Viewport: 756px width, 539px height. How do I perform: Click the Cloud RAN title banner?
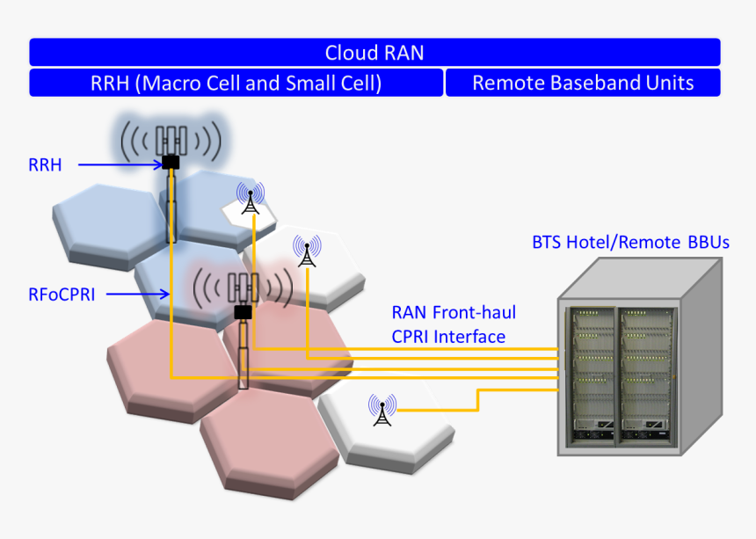coord(374,53)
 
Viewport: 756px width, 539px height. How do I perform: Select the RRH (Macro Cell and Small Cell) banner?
coord(236,84)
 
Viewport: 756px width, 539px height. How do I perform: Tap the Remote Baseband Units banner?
coord(583,84)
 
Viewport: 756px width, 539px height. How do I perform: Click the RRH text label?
coord(45,164)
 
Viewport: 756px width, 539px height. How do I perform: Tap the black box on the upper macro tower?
coord(171,162)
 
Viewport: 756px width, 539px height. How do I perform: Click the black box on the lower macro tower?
coord(243,311)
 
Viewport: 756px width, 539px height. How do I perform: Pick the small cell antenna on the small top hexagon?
coord(251,200)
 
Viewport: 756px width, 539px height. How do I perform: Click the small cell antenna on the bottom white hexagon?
coord(382,410)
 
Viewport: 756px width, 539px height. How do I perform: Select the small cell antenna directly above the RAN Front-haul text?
coord(307,251)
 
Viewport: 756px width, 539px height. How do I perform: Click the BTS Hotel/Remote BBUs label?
coord(630,242)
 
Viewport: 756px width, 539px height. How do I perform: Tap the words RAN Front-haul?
coord(454,312)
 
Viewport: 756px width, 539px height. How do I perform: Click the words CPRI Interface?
coord(448,336)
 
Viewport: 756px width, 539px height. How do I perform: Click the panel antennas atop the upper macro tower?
coord(171,139)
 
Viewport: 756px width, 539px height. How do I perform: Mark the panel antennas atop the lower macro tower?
coord(243,287)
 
